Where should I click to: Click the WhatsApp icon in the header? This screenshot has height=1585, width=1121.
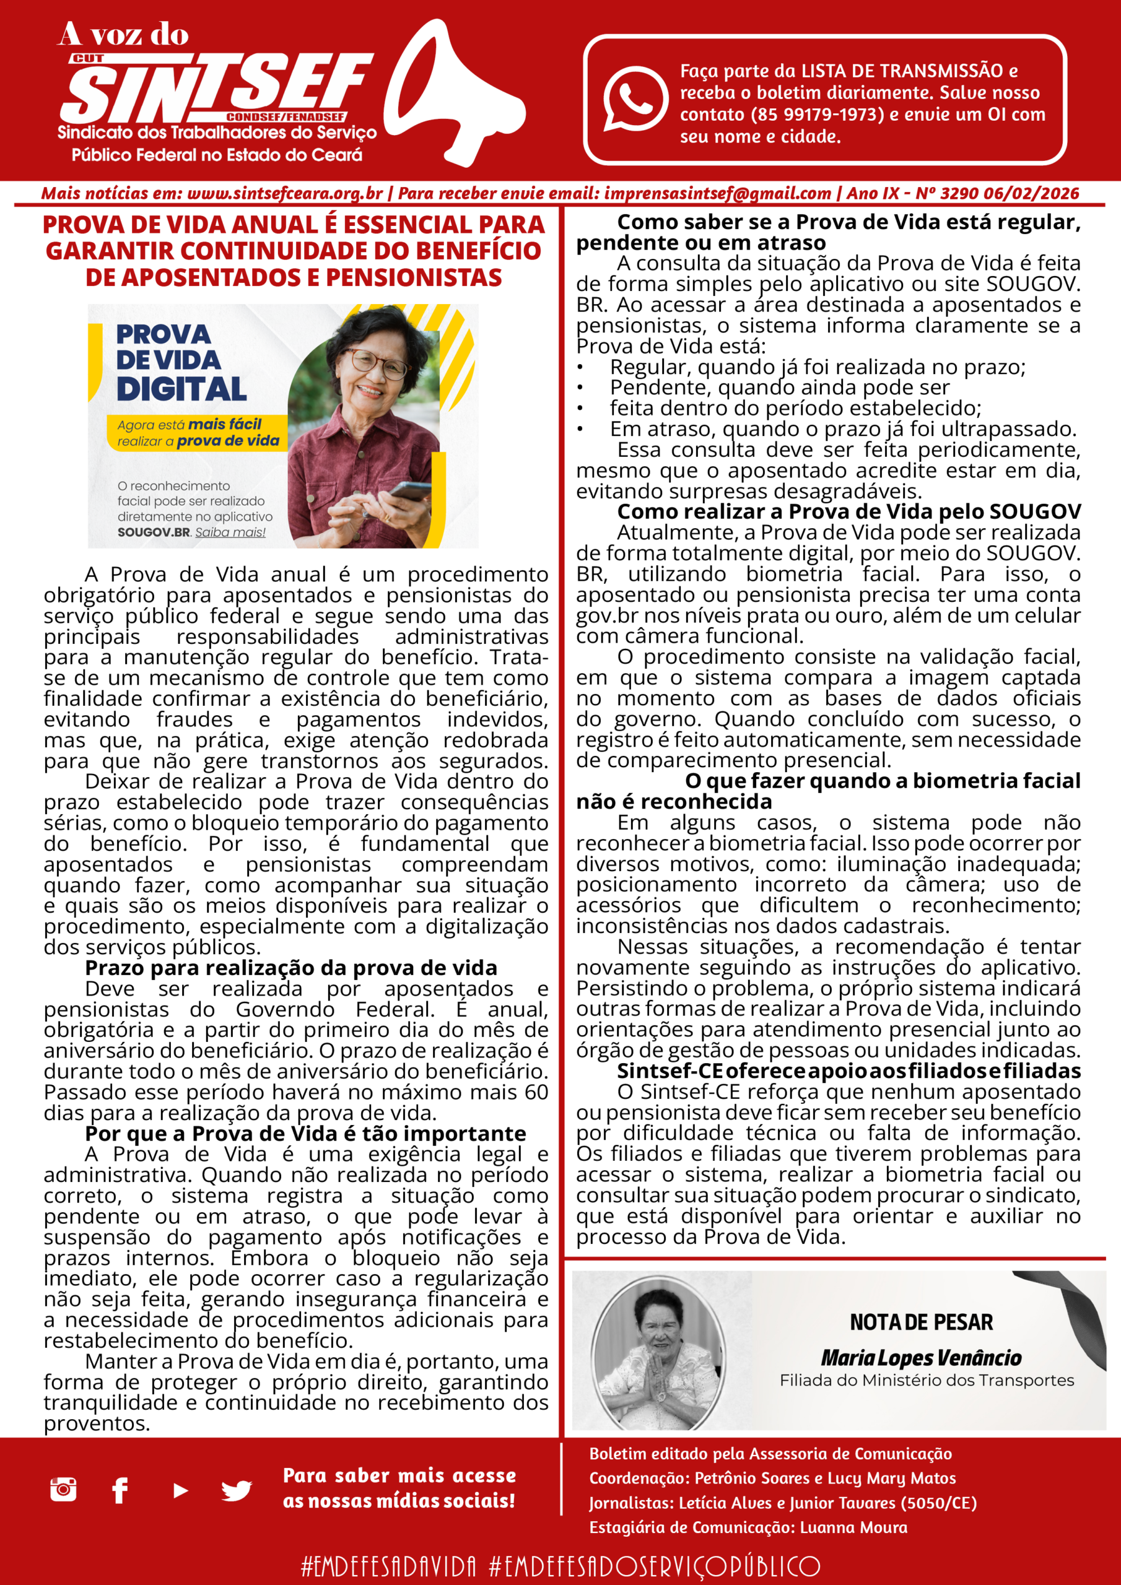635,98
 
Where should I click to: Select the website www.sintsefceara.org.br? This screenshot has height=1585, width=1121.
284,193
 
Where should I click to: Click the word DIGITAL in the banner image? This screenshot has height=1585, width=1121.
181,389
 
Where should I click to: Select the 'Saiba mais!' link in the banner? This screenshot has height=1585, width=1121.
230,532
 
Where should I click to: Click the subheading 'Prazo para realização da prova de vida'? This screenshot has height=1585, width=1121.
291,968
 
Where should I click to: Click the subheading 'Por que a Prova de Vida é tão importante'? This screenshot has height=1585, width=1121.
305,1134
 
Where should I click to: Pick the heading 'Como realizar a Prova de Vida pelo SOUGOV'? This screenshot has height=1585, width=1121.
849,511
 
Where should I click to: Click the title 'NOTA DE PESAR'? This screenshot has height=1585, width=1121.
921,1322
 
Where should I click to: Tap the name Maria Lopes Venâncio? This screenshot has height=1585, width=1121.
921,1358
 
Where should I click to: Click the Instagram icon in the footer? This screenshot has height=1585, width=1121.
64,1489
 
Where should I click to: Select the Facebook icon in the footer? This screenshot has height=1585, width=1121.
120,1490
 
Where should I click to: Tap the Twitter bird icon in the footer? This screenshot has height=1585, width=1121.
236,1491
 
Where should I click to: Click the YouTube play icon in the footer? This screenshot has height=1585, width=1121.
180,1491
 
